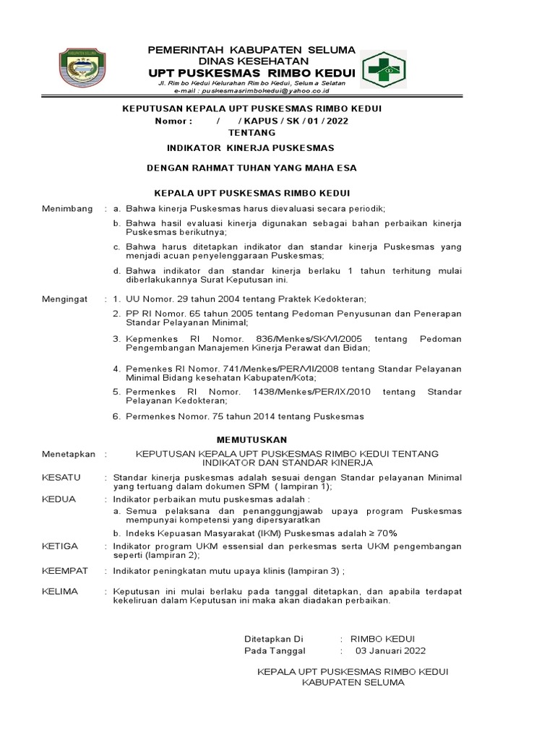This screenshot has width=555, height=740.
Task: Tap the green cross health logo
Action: tap(383, 71)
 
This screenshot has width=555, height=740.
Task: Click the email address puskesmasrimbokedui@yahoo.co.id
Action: tap(267, 92)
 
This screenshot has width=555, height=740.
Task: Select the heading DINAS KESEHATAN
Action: tap(251, 62)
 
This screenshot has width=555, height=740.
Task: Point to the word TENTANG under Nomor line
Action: tap(251, 133)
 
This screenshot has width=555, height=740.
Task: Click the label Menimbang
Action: tap(67, 209)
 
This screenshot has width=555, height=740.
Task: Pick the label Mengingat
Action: tap(65, 298)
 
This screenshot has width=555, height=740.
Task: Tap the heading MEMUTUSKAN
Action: tap(252, 439)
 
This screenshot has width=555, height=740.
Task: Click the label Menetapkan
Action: tap(69, 454)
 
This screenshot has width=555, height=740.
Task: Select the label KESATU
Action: tap(61, 478)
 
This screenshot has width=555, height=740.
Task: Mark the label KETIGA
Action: tap(60, 546)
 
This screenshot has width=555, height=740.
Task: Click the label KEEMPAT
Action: tap(65, 571)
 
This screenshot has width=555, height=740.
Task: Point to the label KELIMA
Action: tap(60, 591)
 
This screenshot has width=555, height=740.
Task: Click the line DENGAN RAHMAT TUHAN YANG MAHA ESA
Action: tap(251, 168)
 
